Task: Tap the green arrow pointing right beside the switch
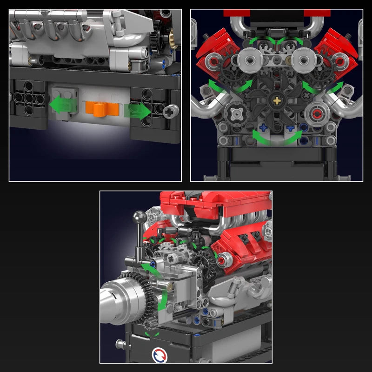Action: click(x=138, y=111)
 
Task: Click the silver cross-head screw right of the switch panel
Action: click(x=172, y=110)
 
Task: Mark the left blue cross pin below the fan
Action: click(x=263, y=126)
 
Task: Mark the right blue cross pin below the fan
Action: click(x=291, y=126)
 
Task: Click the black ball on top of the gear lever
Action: click(x=139, y=217)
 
